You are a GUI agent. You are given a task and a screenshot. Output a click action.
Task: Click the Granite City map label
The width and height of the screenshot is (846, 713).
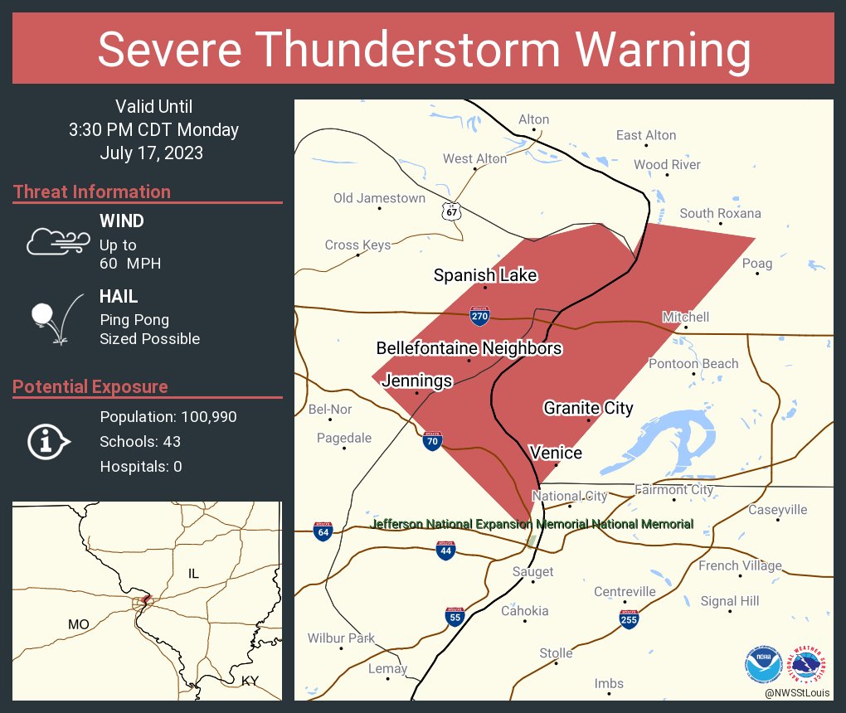(x=588, y=408)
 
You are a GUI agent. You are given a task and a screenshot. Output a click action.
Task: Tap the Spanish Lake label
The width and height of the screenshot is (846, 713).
(x=485, y=275)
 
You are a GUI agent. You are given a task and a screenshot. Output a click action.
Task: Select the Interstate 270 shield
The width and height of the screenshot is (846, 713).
(x=479, y=315)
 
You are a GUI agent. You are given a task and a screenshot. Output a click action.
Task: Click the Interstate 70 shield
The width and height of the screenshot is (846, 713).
(x=431, y=441)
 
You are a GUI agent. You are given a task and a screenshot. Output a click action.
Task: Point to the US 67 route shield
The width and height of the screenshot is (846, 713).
(x=451, y=211)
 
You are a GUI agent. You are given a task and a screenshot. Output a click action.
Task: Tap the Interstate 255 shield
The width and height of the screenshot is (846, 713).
(x=629, y=618)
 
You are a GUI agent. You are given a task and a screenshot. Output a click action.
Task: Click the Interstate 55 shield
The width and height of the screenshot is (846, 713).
(x=454, y=616)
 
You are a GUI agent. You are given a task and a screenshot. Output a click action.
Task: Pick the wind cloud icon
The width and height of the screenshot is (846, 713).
(x=56, y=241)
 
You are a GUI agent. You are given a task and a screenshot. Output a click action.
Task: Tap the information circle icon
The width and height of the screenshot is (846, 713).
(x=48, y=442)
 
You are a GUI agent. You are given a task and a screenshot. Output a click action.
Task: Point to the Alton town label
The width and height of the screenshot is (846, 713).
(x=533, y=119)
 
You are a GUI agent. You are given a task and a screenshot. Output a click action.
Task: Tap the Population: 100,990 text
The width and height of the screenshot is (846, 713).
(x=168, y=416)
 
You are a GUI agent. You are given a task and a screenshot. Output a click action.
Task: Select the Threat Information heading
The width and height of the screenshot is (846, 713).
(x=92, y=192)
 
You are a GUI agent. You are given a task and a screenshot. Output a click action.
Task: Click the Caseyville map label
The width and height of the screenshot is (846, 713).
(x=777, y=510)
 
